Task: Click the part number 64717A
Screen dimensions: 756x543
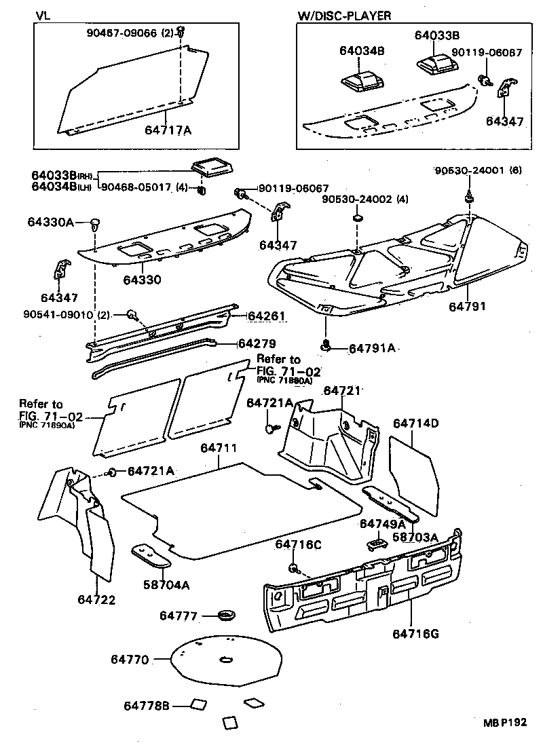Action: point(168,129)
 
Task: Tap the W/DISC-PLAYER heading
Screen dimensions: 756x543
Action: point(344,14)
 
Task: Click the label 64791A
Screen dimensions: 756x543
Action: point(371,348)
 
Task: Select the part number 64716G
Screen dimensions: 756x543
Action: point(415,634)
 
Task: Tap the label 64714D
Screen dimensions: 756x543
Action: point(416,423)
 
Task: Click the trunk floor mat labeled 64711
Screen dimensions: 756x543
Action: point(244,509)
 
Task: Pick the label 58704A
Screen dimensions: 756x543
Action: point(166,584)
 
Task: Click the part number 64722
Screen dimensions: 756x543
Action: point(96,599)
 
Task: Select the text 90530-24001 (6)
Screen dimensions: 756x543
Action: point(479,172)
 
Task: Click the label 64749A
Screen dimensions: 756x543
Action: point(382,524)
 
